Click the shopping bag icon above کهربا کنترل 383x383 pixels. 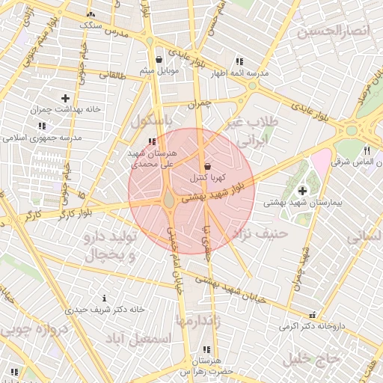(207, 166)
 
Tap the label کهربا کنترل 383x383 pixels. (203, 178)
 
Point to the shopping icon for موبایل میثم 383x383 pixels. (158, 60)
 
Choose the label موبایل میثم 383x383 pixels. (156, 71)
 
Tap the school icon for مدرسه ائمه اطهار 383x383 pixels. (239, 61)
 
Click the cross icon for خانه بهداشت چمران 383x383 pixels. (65, 97)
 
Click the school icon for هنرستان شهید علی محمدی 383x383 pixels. (152, 141)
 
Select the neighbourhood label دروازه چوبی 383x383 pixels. (31, 331)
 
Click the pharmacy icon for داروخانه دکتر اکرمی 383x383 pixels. (312, 314)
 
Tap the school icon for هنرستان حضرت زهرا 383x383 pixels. (206, 349)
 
